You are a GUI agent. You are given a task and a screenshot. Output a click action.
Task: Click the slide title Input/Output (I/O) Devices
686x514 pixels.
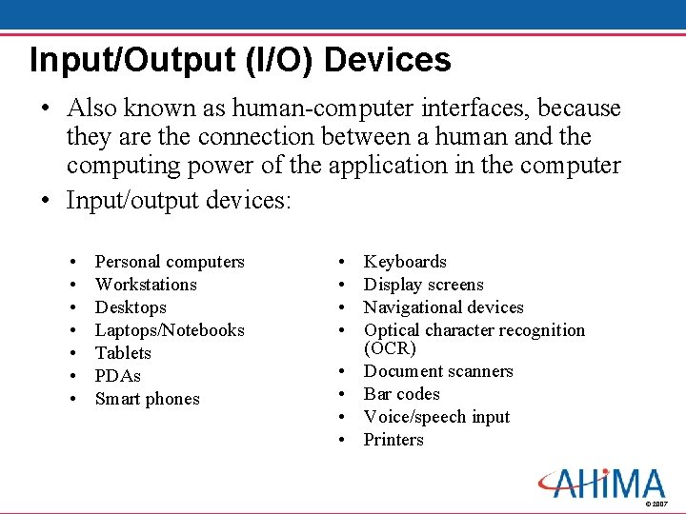(240, 60)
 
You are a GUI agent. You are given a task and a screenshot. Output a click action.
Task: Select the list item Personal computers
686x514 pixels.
(170, 262)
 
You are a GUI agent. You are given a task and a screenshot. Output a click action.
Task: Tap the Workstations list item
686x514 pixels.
(146, 285)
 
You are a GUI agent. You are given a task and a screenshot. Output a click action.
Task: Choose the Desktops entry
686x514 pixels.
(131, 307)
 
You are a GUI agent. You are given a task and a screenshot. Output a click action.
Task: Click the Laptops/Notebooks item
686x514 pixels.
(170, 330)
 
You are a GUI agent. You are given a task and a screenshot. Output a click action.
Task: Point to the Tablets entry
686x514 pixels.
(123, 353)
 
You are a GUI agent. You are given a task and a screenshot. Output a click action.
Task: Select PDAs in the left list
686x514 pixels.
(117, 376)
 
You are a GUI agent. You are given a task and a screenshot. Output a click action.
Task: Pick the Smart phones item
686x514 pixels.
(148, 399)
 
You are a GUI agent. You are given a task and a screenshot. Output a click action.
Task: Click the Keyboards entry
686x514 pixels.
(405, 262)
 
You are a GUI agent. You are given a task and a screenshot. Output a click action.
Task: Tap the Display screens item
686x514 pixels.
(423, 285)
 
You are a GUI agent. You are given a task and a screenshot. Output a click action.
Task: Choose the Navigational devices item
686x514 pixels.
(443, 307)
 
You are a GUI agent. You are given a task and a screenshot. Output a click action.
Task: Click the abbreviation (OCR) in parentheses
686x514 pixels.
(390, 348)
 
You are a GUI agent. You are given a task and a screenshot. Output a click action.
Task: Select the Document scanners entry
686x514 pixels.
(438, 371)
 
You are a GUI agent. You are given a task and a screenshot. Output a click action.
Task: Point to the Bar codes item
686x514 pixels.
(401, 394)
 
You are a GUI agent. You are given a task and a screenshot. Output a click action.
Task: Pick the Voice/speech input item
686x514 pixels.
(436, 417)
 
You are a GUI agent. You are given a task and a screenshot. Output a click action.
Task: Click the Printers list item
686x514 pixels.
(393, 440)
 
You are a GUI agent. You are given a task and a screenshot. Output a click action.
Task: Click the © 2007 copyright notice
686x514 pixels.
(656, 504)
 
